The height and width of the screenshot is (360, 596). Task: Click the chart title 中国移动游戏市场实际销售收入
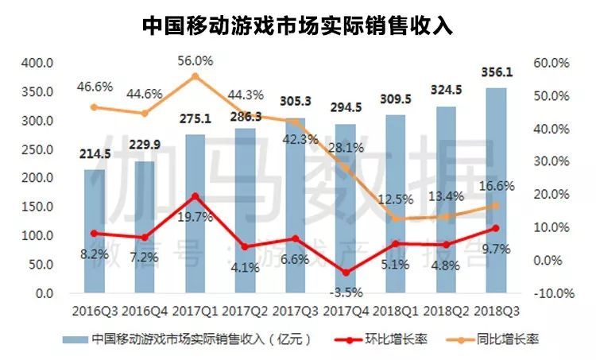point(298,26)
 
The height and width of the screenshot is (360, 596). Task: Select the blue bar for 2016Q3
point(95,231)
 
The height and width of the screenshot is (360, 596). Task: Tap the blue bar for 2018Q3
point(496,191)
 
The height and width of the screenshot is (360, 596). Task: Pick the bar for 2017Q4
point(346,208)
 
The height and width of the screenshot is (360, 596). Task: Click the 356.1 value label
point(497,72)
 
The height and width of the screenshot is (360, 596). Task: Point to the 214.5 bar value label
point(95,154)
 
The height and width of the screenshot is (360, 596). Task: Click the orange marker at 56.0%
point(195,76)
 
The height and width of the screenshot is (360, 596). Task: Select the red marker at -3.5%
point(346,273)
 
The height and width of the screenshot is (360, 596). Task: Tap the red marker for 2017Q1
point(195,196)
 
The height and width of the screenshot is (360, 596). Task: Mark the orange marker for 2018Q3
point(496,206)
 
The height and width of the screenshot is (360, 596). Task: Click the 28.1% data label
point(346,147)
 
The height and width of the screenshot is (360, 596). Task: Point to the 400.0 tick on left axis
point(37,63)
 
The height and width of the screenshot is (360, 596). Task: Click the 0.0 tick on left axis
point(45,293)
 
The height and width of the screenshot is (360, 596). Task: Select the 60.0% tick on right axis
point(551,63)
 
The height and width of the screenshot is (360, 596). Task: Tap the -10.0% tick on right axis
point(554,293)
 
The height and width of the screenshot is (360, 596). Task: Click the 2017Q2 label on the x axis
point(246,312)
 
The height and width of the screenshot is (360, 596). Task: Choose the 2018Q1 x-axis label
point(395,312)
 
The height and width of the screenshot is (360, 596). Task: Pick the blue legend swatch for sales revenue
point(75,339)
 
